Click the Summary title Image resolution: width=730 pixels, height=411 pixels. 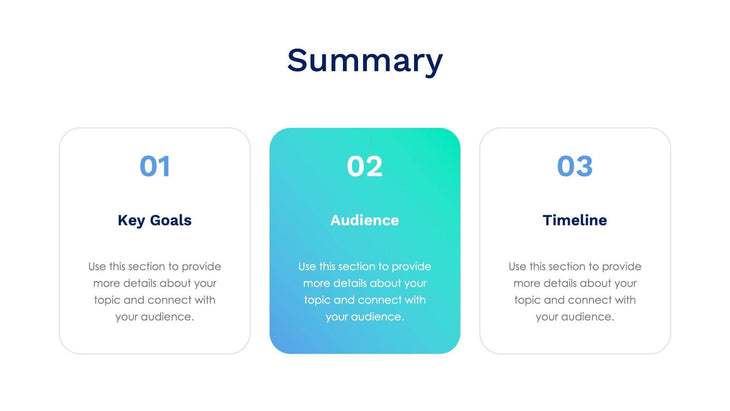point(364,61)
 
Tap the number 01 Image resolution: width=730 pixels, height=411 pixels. point(154,166)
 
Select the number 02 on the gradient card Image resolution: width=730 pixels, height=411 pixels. point(364,166)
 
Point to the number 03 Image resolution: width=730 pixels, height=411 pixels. point(574,166)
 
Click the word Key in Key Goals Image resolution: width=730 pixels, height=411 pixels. point(132,220)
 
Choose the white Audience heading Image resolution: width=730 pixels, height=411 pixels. point(364,220)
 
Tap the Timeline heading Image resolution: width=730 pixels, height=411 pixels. point(574,220)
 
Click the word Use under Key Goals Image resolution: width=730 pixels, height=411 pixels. point(97,267)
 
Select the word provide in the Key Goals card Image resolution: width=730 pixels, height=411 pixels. point(200,267)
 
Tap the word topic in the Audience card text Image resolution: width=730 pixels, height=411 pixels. point(317,300)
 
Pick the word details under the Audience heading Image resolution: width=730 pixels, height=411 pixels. point(352,283)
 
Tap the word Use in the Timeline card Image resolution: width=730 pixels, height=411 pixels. point(517,267)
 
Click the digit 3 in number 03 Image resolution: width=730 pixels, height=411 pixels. point(584,166)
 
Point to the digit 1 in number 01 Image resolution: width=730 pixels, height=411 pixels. point(164,166)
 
